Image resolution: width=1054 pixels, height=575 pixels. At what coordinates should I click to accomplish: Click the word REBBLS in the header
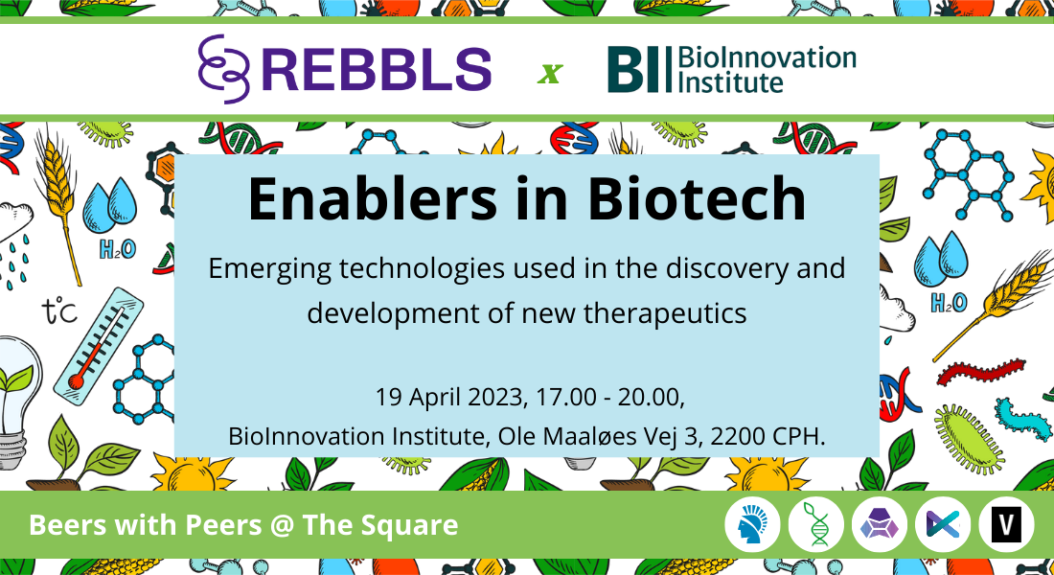[x=381, y=69]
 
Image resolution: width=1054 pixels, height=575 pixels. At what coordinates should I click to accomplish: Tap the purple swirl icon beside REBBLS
[x=224, y=69]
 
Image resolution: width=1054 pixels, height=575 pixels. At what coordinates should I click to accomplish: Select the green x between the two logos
[x=550, y=73]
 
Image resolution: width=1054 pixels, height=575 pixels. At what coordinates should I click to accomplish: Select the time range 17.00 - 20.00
[x=609, y=398]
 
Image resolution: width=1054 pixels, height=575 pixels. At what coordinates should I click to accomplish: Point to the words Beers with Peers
[x=145, y=524]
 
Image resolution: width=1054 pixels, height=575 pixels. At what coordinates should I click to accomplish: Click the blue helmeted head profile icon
[x=752, y=524]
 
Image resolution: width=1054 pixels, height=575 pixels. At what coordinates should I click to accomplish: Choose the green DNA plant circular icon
[x=815, y=524]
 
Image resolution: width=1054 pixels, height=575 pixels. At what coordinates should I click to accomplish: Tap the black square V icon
[x=1005, y=524]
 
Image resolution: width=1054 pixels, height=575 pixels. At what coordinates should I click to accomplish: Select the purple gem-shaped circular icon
[x=880, y=524]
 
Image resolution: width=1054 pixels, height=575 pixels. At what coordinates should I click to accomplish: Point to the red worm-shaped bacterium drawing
[x=981, y=372]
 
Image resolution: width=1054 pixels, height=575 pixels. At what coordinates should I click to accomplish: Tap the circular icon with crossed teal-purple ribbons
[x=943, y=524]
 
